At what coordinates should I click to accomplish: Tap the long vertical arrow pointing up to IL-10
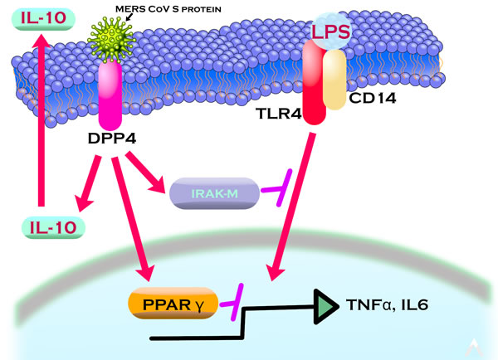click(x=40, y=124)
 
